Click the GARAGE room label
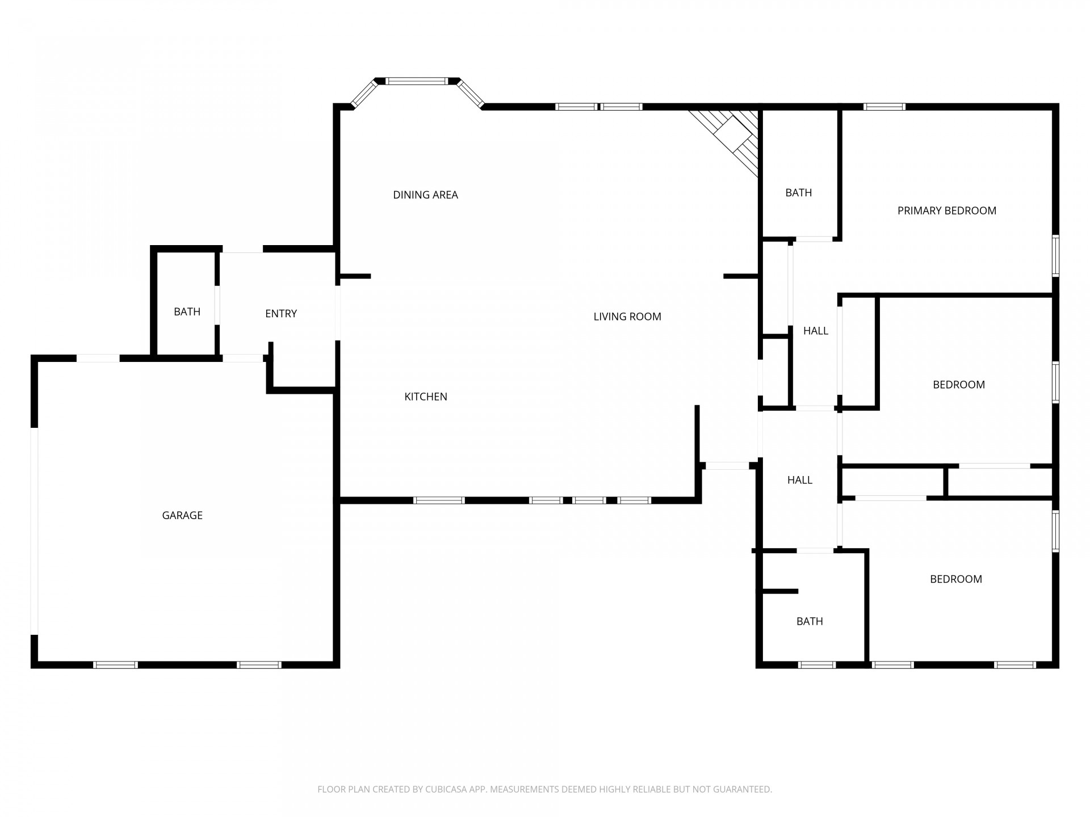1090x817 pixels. [x=182, y=515]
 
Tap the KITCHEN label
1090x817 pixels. [x=426, y=397]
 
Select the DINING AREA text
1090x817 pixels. [x=425, y=195]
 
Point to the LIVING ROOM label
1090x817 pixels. [x=627, y=317]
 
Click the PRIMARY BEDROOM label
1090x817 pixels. [x=947, y=210]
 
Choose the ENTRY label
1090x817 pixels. [x=281, y=313]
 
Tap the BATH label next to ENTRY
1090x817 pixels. [x=187, y=311]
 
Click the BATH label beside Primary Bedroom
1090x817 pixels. [x=798, y=193]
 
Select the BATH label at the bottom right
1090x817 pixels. [x=810, y=621]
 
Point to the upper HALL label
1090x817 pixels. [x=816, y=331]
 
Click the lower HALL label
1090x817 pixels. [x=800, y=480]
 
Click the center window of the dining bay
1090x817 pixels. [x=417, y=81]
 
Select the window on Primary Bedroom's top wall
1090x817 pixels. [x=884, y=107]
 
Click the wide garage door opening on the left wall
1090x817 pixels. [x=35, y=530]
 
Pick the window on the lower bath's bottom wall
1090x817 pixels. [x=816, y=665]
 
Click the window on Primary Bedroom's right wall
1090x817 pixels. [x=1055, y=256]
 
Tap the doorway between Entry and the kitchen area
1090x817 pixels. [x=338, y=313]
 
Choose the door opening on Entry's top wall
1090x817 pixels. [x=242, y=249]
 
